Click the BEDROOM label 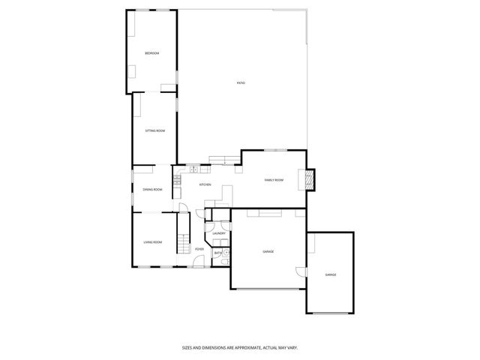pos(152,52)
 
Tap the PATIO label pos(241,82)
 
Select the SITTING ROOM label pos(155,130)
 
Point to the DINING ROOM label pos(153,189)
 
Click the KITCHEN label pos(205,184)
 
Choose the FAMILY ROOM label pos(274,180)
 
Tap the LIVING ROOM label pos(153,241)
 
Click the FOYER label pos(199,249)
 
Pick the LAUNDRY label pos(219,233)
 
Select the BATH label pos(217,253)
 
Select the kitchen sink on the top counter pos(193,168)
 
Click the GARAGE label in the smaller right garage pos(330,275)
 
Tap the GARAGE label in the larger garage pos(268,251)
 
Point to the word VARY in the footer pos(292,347)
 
